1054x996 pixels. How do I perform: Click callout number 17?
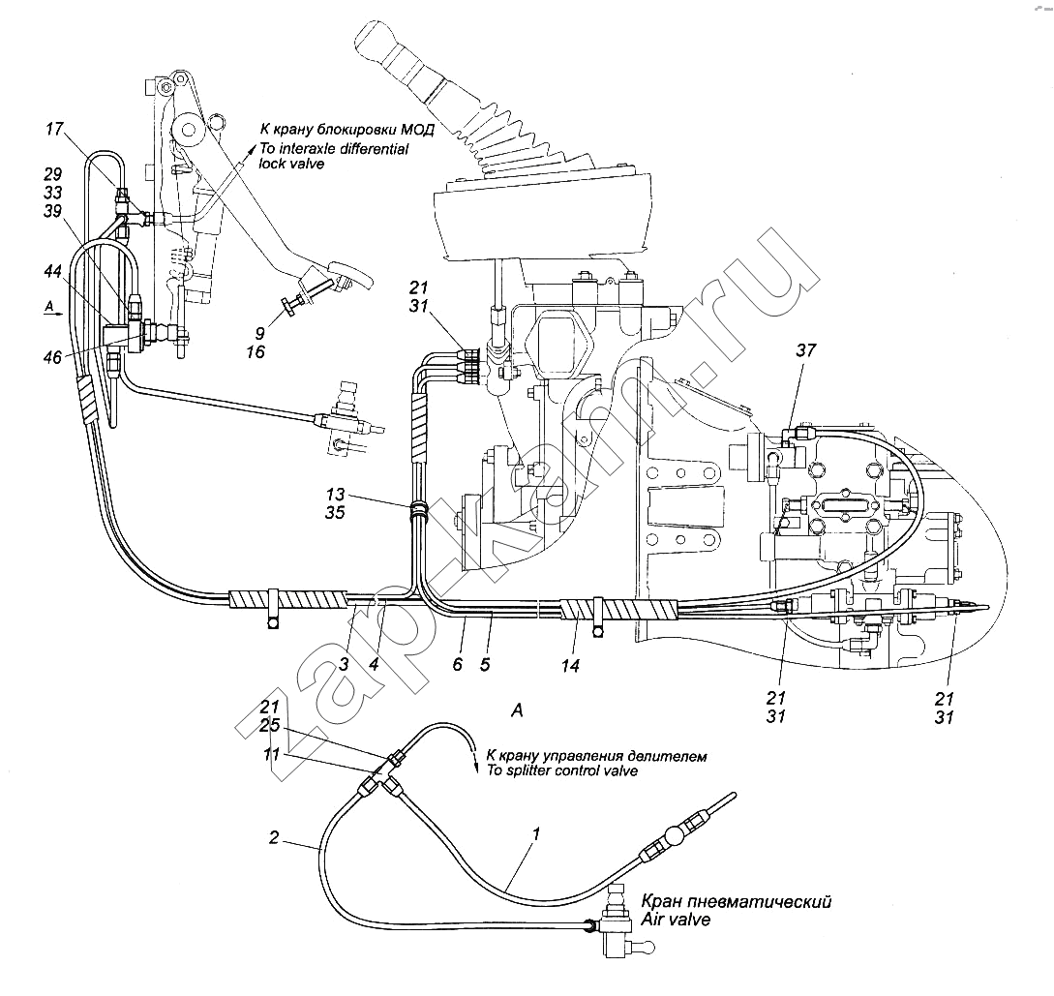pos(54,129)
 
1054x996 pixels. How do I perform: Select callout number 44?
pos(52,272)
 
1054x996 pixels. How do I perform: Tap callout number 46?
pos(52,357)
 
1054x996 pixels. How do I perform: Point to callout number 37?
pos(806,349)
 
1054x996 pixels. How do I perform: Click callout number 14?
pos(570,665)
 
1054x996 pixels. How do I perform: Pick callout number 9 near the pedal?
pos(259,332)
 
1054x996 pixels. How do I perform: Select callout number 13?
pos(336,495)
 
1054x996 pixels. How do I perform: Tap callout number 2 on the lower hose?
pos(274,837)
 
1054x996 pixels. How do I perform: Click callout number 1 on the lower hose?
pos(536,834)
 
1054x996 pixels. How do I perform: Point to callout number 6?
pos(458,664)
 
